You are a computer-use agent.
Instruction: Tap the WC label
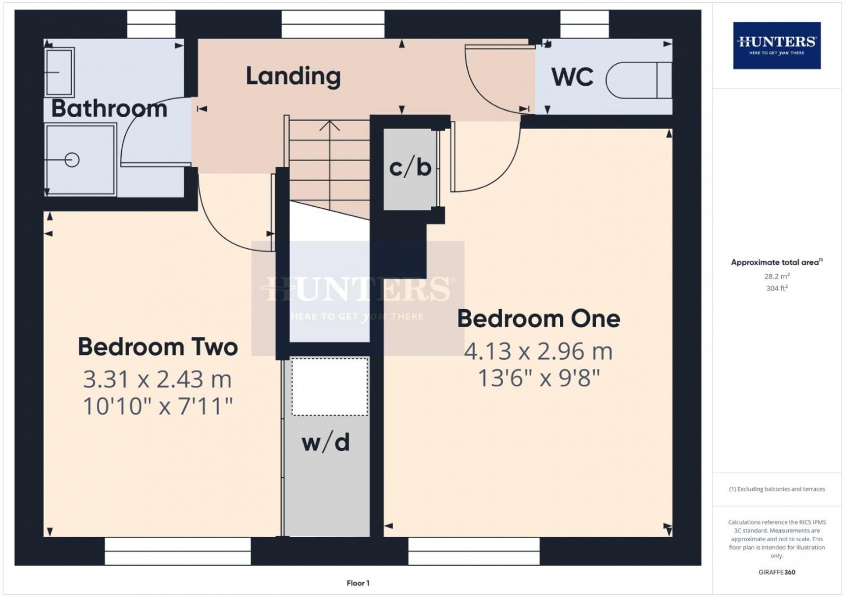pos(572,77)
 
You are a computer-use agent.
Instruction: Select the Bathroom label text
pos(109,109)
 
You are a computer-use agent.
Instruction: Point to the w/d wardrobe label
pos(326,442)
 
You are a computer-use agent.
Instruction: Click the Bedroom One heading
pos(539,319)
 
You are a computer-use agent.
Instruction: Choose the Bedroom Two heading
pos(158,347)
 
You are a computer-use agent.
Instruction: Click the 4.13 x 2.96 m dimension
pos(539,351)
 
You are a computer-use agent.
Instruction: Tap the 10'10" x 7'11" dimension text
pos(158,407)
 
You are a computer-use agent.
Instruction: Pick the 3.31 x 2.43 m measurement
pos(157,380)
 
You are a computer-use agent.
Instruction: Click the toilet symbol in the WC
pos(639,81)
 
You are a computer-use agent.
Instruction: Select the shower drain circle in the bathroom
pos(72,160)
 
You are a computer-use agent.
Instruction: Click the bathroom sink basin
pos(59,72)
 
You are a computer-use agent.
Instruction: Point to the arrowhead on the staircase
pos(330,126)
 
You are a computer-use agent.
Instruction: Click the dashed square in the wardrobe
pos(330,387)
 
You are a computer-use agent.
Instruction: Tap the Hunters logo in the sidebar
pos(777,45)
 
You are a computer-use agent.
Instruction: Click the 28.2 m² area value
pos(777,276)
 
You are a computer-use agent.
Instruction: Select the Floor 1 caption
pos(358,583)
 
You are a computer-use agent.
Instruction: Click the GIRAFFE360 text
pos(777,572)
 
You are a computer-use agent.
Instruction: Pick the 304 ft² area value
pos(777,288)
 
